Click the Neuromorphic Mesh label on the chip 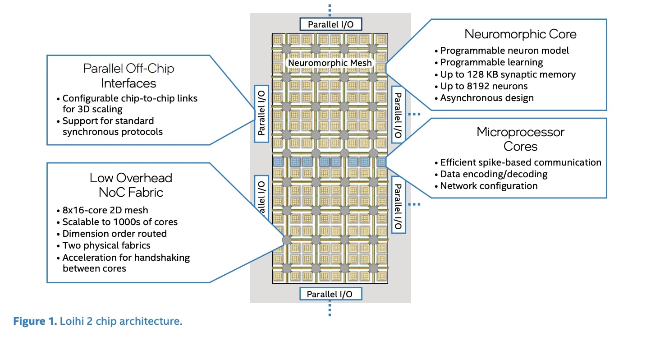click(x=330, y=63)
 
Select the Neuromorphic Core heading click(x=520, y=34)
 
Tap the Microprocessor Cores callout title click(x=520, y=139)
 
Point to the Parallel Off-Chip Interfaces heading click(x=128, y=76)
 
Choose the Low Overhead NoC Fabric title click(x=131, y=185)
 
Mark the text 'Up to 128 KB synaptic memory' click(x=508, y=74)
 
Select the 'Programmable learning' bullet click(x=491, y=62)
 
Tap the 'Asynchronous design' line click(x=487, y=98)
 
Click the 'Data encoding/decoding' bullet click(x=494, y=174)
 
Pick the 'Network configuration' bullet click(x=489, y=186)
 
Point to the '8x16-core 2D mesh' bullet click(x=105, y=210)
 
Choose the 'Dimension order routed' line click(x=115, y=234)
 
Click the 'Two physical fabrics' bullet click(x=106, y=245)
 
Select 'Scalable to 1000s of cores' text click(x=120, y=222)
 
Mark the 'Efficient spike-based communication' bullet click(x=521, y=162)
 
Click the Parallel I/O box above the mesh click(x=330, y=24)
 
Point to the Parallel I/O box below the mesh click(x=330, y=294)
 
